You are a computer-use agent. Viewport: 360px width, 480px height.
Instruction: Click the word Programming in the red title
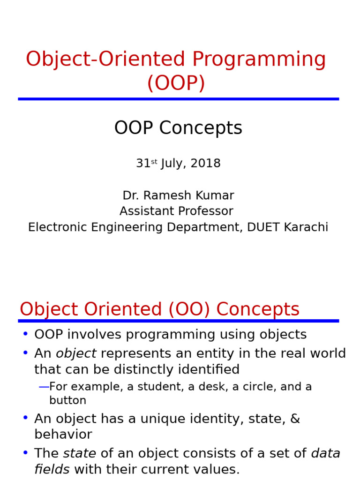pyautogui.click(x=259, y=60)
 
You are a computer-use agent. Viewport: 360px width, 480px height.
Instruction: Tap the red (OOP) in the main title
pyautogui.click(x=176, y=83)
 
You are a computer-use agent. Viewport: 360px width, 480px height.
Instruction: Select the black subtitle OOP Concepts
pyautogui.click(x=178, y=128)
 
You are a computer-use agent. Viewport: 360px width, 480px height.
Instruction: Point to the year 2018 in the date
pyautogui.click(x=205, y=164)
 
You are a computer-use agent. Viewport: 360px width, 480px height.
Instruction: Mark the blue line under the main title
pyautogui.click(x=178, y=99)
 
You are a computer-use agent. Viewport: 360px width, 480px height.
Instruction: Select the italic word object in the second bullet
pyautogui.click(x=76, y=353)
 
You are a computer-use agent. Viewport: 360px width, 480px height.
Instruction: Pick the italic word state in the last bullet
pyautogui.click(x=79, y=453)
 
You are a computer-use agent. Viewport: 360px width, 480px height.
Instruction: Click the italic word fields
pyautogui.click(x=52, y=469)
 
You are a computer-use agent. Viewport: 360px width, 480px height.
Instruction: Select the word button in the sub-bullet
pyautogui.click(x=67, y=401)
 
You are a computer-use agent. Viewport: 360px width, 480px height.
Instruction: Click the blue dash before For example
pyautogui.click(x=44, y=387)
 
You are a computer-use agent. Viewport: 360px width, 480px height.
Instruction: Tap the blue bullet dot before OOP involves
pyautogui.click(x=25, y=334)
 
